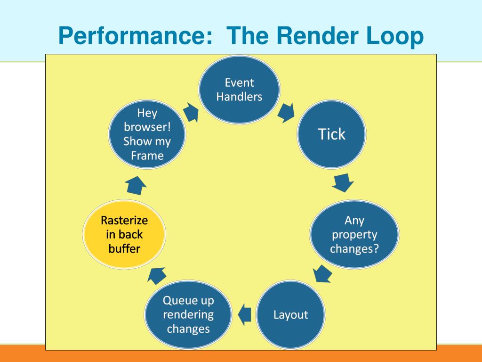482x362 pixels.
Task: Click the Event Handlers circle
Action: pyautogui.click(x=240, y=90)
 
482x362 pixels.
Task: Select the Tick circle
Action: pyautogui.click(x=332, y=134)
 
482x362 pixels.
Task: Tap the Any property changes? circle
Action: pyautogui.click(x=354, y=234)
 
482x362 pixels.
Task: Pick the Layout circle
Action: pyautogui.click(x=290, y=314)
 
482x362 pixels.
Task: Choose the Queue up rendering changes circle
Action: pyautogui.click(x=188, y=314)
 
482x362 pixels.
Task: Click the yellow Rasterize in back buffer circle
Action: pyautogui.click(x=124, y=234)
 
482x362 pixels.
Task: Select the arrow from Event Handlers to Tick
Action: pyautogui.click(x=286, y=113)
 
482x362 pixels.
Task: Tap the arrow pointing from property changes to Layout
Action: pyautogui.click(x=323, y=273)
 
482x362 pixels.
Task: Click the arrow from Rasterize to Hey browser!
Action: pyautogui.click(x=136, y=184)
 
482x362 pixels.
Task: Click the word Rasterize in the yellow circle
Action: pyautogui.click(x=124, y=221)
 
